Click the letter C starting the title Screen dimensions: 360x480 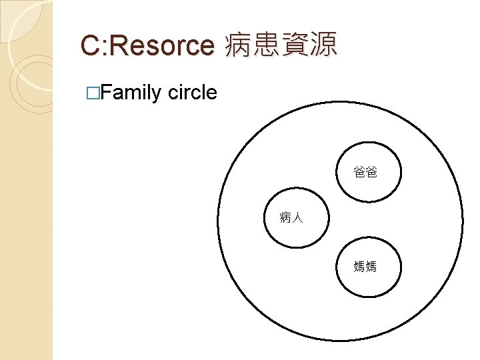pos(90,45)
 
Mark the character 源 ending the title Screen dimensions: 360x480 pos(323,45)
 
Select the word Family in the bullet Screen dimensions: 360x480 pos(132,93)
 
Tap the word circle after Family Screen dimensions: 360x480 pos(193,92)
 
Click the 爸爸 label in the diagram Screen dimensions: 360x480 pos(365,173)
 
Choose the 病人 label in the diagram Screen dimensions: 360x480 pos(292,217)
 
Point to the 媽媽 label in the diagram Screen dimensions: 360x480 pos(365,267)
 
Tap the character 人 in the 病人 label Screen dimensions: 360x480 pos(298,217)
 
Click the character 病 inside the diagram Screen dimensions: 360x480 pos(286,217)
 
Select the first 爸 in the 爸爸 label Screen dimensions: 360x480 pos(359,173)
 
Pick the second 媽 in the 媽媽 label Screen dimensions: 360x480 pos(371,267)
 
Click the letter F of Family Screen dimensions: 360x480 pos(107,92)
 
